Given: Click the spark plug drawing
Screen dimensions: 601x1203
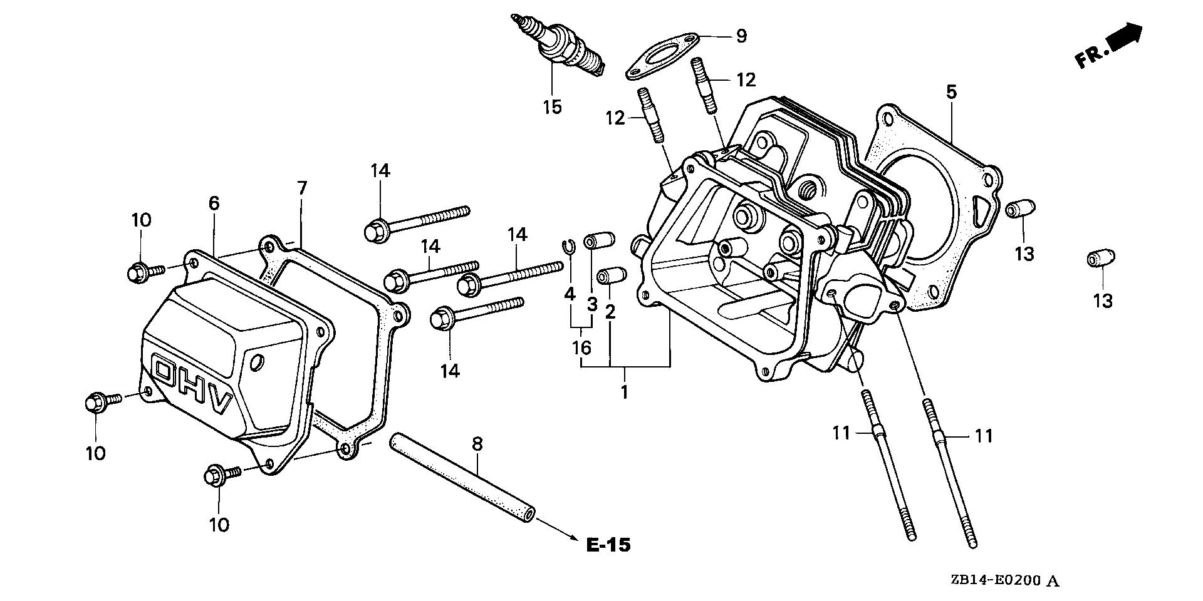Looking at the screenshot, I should pyautogui.click(x=558, y=44).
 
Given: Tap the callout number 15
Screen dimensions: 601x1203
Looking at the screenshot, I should pyautogui.click(x=552, y=106).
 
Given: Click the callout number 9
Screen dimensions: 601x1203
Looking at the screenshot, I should pyautogui.click(x=741, y=36).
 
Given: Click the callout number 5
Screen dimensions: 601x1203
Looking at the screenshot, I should pyautogui.click(x=951, y=93).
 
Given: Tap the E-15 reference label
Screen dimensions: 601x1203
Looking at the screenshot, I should pyautogui.click(x=608, y=545).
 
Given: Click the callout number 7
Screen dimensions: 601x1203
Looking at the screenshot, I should pyautogui.click(x=302, y=188).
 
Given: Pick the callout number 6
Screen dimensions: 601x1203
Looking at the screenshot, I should pyautogui.click(x=214, y=202).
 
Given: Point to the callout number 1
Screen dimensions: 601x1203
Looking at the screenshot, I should pyautogui.click(x=624, y=393).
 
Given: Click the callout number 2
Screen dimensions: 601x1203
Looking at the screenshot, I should pyautogui.click(x=610, y=311).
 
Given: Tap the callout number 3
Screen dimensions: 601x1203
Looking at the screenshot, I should pyautogui.click(x=591, y=306).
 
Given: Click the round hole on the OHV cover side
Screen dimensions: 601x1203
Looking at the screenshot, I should pyautogui.click(x=257, y=362).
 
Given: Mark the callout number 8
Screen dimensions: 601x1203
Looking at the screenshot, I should pyautogui.click(x=477, y=444).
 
